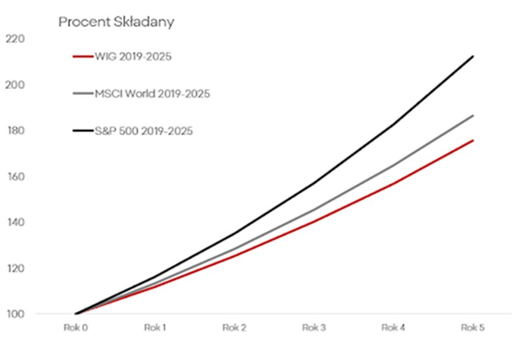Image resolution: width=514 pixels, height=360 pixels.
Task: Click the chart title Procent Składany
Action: (x=116, y=23)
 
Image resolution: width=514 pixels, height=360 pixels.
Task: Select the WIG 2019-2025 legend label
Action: (x=133, y=57)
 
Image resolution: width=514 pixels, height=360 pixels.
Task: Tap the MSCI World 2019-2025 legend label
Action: (x=152, y=94)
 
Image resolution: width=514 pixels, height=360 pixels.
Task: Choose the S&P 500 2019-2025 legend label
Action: (x=144, y=130)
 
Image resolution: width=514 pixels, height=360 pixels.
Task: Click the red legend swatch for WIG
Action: (x=82, y=57)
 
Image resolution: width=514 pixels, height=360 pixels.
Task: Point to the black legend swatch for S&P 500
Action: (x=82, y=130)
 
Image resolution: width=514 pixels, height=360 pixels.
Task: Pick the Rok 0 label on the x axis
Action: (x=76, y=328)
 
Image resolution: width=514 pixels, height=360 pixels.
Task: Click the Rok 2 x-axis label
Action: (x=235, y=328)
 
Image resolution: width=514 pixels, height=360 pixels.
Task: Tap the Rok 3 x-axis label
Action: (x=315, y=328)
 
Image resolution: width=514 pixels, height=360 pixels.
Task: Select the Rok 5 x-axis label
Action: (x=473, y=328)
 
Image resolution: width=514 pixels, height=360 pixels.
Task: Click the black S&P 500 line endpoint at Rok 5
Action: (x=473, y=56)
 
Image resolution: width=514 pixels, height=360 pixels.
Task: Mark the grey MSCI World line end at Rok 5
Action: (x=473, y=115)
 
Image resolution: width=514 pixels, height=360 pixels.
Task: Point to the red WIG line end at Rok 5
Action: (x=473, y=140)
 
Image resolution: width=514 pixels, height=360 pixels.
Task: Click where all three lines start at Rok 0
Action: (x=76, y=314)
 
